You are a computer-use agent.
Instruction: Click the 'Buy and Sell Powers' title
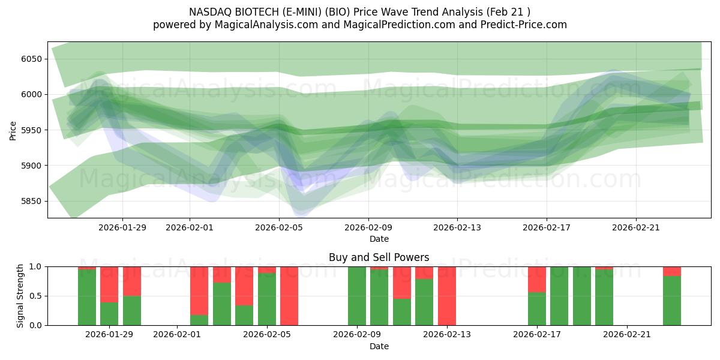(379, 257)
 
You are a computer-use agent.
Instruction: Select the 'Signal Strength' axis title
(21, 296)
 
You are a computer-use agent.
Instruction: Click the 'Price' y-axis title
(13, 130)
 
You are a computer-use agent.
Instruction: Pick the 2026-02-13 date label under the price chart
(457, 227)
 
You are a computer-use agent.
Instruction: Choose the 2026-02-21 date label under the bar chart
(626, 334)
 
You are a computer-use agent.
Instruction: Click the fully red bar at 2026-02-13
(447, 296)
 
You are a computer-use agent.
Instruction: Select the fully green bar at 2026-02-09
(357, 296)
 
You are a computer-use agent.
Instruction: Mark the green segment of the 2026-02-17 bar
(537, 309)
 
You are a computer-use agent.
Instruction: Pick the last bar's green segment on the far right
(672, 301)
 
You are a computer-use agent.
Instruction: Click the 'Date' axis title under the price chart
(379, 239)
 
